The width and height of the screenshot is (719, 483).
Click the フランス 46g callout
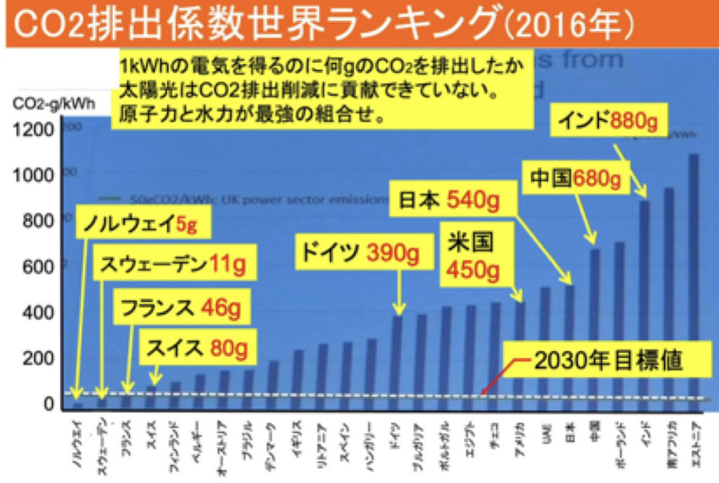(180, 309)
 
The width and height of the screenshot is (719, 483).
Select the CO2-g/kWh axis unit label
(47, 104)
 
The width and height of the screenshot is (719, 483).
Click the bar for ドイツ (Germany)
(397, 358)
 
